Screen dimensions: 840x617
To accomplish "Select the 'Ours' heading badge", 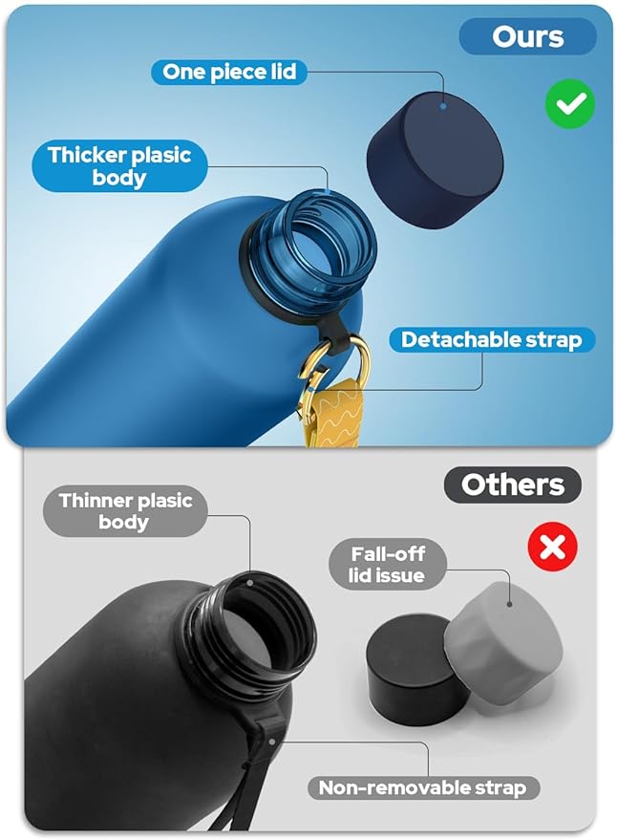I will click(528, 37).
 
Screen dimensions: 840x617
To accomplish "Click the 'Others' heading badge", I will click(513, 485).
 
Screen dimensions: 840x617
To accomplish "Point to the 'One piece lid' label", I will click(228, 72).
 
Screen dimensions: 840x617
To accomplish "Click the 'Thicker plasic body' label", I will click(119, 166).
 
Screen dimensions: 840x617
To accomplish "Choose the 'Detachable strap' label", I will click(491, 339).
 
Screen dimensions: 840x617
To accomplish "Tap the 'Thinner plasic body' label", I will click(124, 511).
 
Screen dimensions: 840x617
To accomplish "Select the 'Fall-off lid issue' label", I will click(387, 564).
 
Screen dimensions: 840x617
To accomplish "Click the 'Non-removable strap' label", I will click(421, 787).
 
